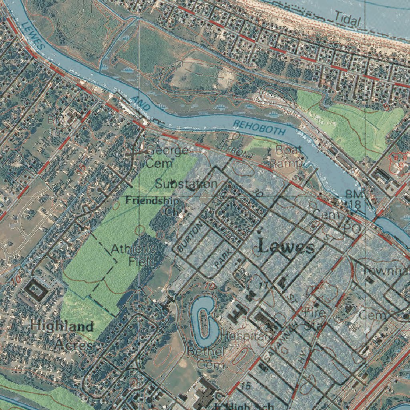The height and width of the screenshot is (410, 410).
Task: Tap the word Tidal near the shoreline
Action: pos(348,18)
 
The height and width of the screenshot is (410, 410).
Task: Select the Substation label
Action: pos(187,184)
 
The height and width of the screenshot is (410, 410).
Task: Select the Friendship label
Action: pos(152,201)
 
